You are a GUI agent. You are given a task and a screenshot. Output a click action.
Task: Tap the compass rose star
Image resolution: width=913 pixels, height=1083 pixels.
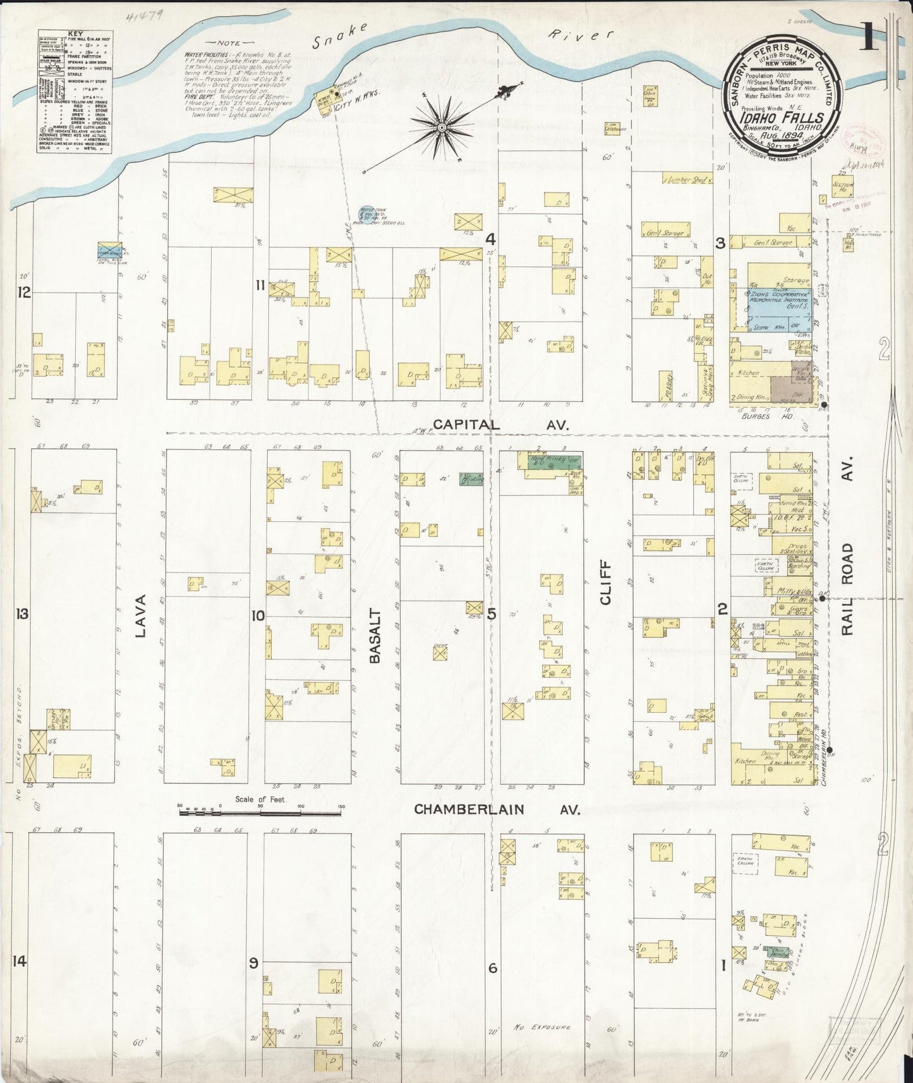(442, 128)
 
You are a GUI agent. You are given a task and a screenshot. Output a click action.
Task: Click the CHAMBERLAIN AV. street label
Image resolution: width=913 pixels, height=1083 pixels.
(497, 809)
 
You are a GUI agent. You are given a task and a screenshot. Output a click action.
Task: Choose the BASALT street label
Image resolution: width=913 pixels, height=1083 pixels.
(375, 636)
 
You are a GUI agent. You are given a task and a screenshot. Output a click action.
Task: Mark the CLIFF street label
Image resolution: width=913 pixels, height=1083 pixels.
(605, 583)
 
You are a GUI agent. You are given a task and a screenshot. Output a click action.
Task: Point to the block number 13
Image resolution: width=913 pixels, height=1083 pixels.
(23, 614)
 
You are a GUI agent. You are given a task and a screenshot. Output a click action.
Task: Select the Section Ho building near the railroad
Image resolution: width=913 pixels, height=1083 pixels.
(842, 188)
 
